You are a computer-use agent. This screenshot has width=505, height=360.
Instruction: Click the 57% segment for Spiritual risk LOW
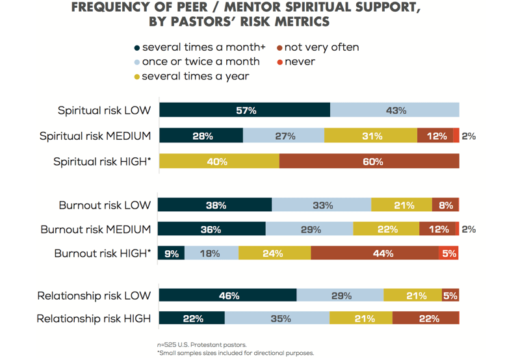click(245, 110)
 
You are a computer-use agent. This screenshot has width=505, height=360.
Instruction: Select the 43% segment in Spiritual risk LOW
click(395, 110)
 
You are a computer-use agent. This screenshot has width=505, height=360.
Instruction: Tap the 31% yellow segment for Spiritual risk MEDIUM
click(371, 136)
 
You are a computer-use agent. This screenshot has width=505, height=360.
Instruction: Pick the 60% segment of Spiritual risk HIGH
click(369, 162)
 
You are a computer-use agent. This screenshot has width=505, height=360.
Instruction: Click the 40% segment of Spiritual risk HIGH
click(219, 162)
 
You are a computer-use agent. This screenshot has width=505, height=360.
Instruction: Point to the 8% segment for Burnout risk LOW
click(446, 205)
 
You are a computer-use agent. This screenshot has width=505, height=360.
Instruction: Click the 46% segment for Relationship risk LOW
click(228, 296)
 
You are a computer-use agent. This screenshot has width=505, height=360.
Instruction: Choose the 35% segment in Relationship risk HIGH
click(277, 318)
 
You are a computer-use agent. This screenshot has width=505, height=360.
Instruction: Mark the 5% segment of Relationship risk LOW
click(450, 296)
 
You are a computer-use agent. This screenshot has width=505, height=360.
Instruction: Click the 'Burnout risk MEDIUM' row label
click(96, 229)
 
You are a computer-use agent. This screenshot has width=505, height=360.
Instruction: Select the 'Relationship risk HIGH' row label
click(94, 318)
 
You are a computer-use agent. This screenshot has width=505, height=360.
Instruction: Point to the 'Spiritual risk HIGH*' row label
click(102, 162)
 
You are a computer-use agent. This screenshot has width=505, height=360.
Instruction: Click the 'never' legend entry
click(300, 62)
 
